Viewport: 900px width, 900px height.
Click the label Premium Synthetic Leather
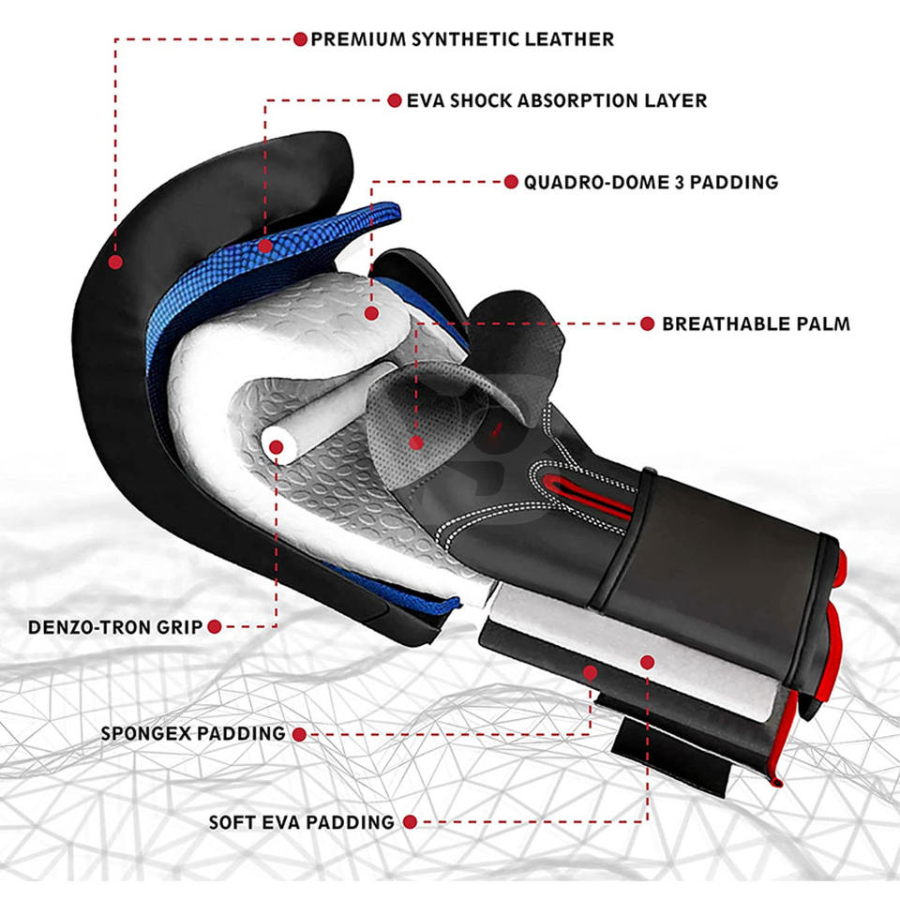[x=462, y=39]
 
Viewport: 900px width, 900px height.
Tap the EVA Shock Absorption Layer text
[x=556, y=100]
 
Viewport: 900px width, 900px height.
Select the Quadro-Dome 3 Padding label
[x=651, y=182]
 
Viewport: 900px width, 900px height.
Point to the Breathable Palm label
[x=756, y=323]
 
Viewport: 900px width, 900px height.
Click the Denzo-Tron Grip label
[x=114, y=627]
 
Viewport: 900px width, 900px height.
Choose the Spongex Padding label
[x=193, y=733]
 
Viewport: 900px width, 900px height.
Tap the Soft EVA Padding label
[x=301, y=822]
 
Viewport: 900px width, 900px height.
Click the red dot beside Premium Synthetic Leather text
[x=300, y=39]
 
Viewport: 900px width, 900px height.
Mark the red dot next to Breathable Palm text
[x=648, y=323]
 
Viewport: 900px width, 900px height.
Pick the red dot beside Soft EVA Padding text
[x=410, y=822]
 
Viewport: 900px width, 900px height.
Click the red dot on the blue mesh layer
[x=265, y=247]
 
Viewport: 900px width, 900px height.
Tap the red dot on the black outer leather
[x=115, y=262]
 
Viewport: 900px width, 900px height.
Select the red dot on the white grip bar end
[x=276, y=447]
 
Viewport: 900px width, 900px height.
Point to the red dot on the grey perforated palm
[x=416, y=442]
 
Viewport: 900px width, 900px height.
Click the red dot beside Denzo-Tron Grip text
[x=215, y=627]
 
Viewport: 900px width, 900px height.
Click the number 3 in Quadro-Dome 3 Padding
[x=680, y=182]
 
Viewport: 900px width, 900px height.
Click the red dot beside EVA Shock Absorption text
[x=395, y=100]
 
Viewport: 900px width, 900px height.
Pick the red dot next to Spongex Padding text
[x=299, y=734]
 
